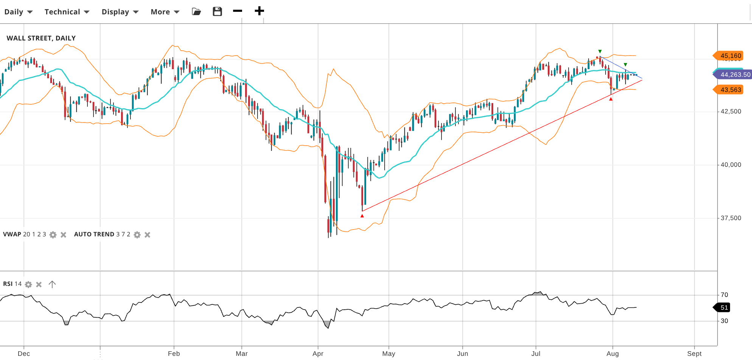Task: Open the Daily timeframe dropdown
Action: point(18,12)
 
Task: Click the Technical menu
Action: point(67,12)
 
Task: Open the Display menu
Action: point(120,12)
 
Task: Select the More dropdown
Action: point(165,12)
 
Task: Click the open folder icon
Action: point(196,11)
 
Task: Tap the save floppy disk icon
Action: point(217,11)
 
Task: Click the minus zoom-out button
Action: point(238,11)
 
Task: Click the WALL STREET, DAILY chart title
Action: point(41,38)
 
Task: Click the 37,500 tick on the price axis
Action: point(730,218)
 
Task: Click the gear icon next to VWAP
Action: point(53,235)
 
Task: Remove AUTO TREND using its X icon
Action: point(148,235)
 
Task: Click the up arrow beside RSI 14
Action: point(52,284)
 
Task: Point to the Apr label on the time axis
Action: point(318,354)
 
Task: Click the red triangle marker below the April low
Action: point(362,216)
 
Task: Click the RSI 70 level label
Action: point(724,295)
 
